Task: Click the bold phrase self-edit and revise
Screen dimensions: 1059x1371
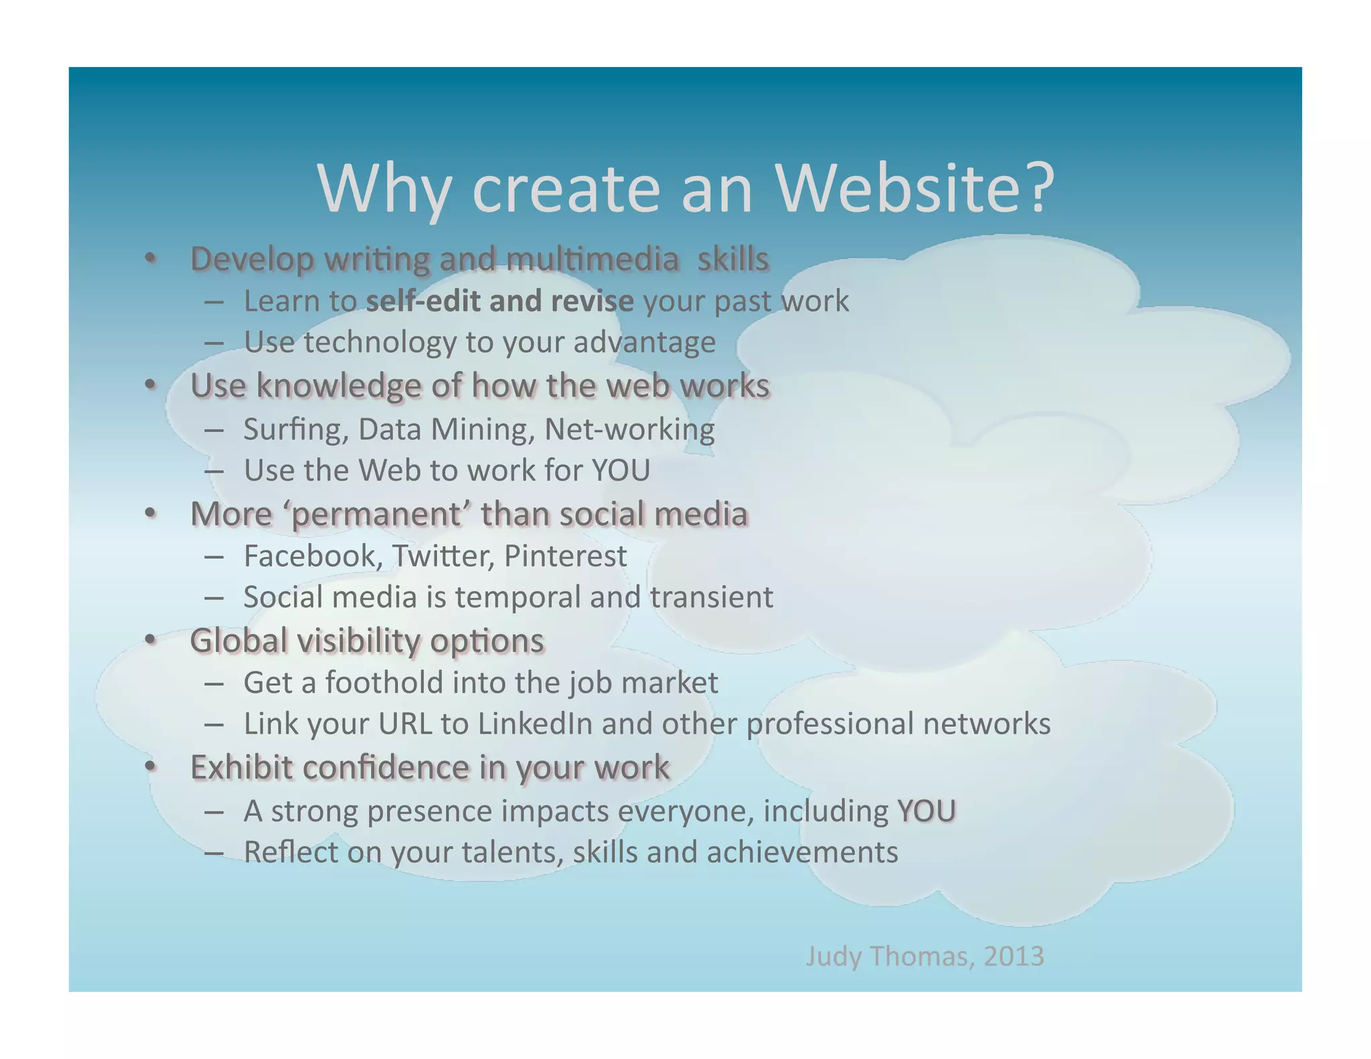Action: click(499, 301)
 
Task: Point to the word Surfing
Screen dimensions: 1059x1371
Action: click(295, 430)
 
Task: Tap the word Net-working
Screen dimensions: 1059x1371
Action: click(629, 430)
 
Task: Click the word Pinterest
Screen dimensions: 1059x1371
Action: click(565, 556)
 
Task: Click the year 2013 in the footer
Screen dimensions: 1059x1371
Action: click(1014, 956)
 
